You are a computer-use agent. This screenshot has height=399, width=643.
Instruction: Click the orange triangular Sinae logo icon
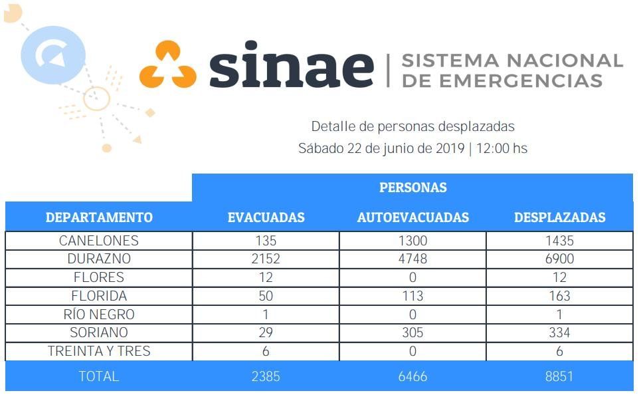pos(167,65)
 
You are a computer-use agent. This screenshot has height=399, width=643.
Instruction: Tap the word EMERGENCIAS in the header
pos(502,81)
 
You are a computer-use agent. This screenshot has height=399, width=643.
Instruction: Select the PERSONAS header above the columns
pos(413,188)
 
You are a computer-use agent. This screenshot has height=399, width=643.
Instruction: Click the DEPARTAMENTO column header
pos(99,217)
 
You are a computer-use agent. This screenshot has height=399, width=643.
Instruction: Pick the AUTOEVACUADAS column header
pos(413,217)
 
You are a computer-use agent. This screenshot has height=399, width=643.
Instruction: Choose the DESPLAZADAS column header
pos(559,217)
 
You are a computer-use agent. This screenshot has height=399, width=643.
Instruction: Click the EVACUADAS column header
pos(266,217)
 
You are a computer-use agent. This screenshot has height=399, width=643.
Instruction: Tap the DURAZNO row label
pos(99,259)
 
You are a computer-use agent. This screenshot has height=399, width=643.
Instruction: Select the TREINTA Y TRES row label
pos(99,351)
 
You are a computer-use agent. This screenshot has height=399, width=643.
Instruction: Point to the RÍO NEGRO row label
pos(99,315)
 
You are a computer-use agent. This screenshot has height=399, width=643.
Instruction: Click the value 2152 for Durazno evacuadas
pos(266,259)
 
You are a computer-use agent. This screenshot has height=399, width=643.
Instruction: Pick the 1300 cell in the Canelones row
pos(413,240)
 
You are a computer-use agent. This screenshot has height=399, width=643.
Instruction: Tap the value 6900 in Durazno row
pos(559,259)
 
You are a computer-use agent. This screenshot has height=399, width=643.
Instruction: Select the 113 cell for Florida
pos(413,296)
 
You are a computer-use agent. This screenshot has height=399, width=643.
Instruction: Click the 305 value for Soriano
pos(413,332)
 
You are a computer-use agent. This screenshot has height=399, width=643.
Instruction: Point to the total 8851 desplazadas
pos(559,376)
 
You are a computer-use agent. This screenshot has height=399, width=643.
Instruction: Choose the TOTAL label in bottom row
pos(99,376)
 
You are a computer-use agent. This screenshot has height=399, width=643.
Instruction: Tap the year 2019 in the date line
pos(450,148)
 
